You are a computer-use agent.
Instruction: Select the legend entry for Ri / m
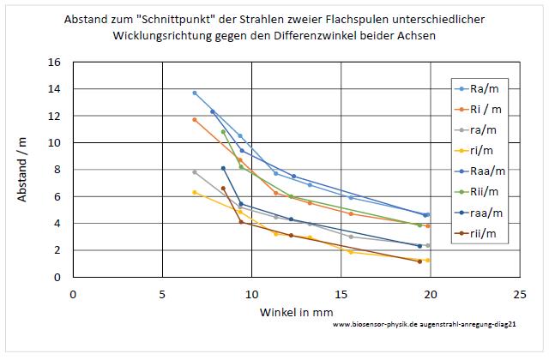(x=482, y=109)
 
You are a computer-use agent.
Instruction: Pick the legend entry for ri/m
(x=480, y=150)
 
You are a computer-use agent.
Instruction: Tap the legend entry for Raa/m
(x=482, y=171)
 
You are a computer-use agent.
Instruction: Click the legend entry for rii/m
(x=480, y=232)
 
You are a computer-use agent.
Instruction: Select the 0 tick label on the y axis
(x=57, y=278)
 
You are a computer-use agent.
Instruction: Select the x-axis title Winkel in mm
(x=296, y=312)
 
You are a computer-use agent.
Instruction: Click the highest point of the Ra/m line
(x=195, y=93)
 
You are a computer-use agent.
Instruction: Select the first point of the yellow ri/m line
(x=195, y=192)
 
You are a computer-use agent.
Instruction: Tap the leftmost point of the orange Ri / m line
(x=195, y=119)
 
